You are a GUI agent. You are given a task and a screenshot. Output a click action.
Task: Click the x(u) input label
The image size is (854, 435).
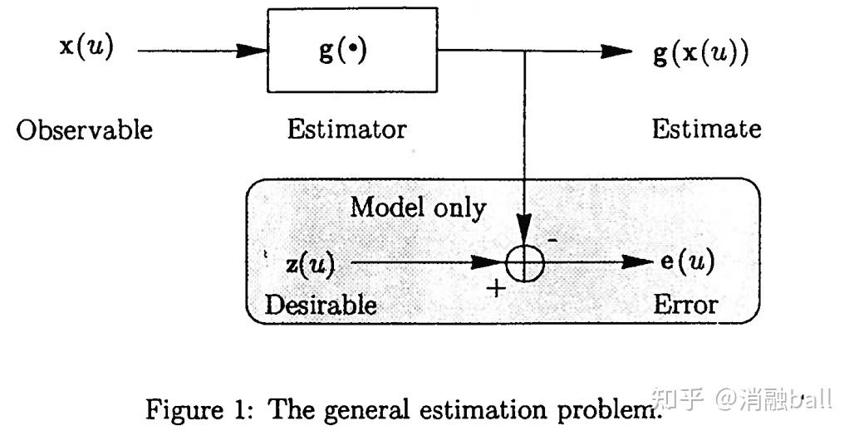pyautogui.click(x=86, y=47)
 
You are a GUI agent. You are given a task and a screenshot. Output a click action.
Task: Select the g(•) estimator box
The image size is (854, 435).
pyautogui.click(x=352, y=50)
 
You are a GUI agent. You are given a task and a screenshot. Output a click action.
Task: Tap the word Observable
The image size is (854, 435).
pyautogui.click(x=85, y=130)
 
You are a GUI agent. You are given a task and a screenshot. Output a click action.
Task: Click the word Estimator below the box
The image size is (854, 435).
pyautogui.click(x=346, y=130)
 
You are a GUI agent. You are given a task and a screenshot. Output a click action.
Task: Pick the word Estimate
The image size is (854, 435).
pyautogui.click(x=705, y=129)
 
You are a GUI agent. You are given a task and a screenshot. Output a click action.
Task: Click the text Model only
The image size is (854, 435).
pyautogui.click(x=417, y=207)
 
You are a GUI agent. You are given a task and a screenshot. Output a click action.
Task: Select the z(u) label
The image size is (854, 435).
pyautogui.click(x=309, y=264)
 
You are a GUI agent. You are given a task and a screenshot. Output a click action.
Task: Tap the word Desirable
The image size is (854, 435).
pyautogui.click(x=320, y=305)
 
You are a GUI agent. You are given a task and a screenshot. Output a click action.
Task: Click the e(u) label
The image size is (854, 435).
pyautogui.click(x=686, y=262)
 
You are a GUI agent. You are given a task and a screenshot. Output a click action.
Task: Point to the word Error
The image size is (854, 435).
pyautogui.click(x=685, y=304)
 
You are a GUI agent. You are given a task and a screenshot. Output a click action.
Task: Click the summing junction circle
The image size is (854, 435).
pyautogui.click(x=524, y=264)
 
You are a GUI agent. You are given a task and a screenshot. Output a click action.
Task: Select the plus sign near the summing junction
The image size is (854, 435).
pyautogui.click(x=495, y=288)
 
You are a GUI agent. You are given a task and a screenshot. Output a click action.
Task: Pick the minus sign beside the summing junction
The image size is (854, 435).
pyautogui.click(x=552, y=238)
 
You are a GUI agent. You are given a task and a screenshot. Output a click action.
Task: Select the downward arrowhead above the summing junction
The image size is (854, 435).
pyautogui.click(x=524, y=227)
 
